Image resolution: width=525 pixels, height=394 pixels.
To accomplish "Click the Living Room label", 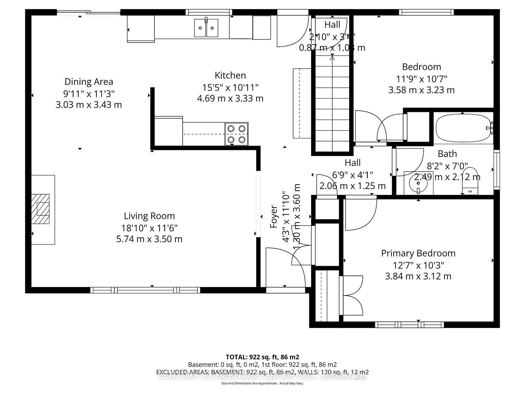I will point(149,216).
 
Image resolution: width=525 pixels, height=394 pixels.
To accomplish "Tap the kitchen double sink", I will point(206,28).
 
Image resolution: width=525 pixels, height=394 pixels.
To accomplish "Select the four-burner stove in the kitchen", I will point(237,134).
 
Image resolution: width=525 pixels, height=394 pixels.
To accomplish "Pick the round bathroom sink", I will point(418,183).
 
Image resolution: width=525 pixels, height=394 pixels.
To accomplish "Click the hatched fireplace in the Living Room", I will point(40,209).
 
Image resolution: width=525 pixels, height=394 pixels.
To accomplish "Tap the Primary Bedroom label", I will point(418,253).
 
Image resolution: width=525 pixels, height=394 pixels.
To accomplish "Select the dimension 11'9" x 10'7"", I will point(421,79).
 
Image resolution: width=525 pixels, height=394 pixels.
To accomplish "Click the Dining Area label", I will point(89,82).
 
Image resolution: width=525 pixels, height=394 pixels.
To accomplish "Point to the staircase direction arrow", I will point(332,57).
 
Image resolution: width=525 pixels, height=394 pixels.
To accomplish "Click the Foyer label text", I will point(274,216).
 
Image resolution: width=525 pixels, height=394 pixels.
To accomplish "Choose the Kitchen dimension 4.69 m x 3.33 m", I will point(230,99).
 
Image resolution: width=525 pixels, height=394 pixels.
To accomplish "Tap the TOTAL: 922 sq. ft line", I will point(262,357).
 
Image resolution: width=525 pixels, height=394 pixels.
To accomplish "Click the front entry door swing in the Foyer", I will point(286,267).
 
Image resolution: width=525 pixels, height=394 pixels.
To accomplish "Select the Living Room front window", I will point(145,290).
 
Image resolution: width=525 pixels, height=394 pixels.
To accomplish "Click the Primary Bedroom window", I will point(409,325).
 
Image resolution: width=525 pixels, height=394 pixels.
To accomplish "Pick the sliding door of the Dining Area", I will point(89,12).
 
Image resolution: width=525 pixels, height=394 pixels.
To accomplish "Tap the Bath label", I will point(447,154).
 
